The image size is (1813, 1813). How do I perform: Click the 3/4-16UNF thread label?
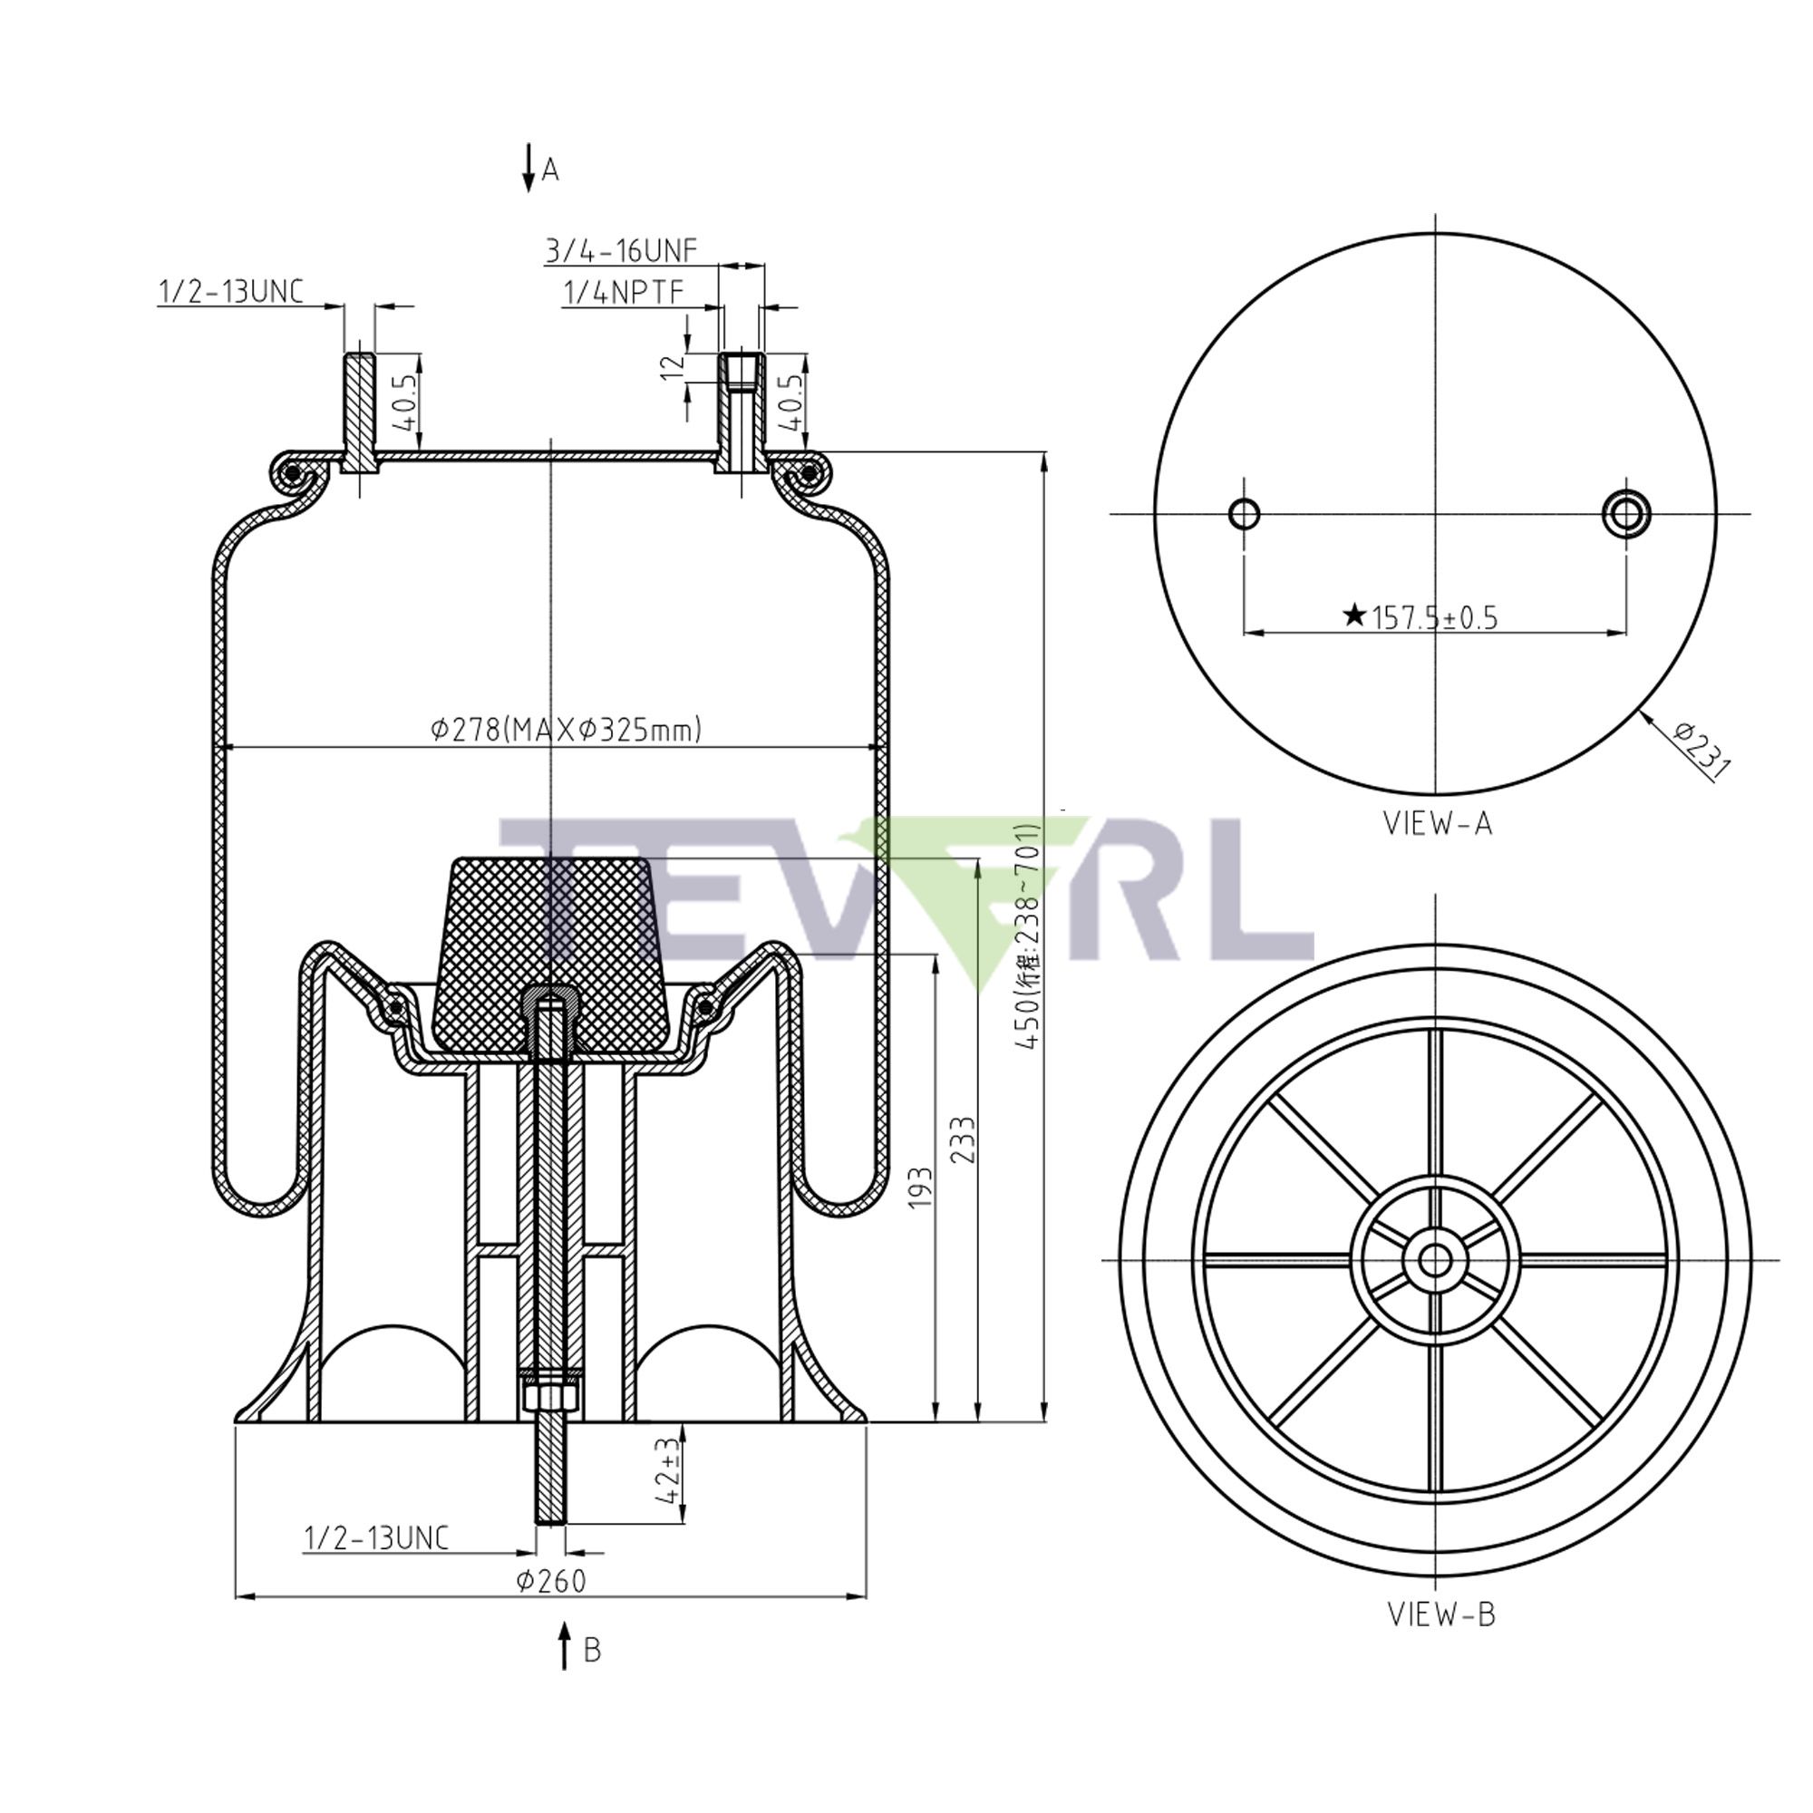click(621, 250)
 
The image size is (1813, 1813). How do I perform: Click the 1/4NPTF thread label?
click(622, 294)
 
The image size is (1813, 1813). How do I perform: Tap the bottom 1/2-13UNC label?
click(376, 1538)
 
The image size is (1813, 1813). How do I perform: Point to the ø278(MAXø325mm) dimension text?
click(566, 729)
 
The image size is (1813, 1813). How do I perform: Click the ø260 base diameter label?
click(551, 1581)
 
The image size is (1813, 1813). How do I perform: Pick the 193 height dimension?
click(922, 1188)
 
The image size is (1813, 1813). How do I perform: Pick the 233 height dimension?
click(964, 1140)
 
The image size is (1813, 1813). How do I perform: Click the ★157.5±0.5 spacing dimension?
click(1424, 618)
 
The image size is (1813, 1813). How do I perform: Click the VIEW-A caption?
click(1438, 823)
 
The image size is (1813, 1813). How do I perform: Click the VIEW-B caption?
click(1441, 1614)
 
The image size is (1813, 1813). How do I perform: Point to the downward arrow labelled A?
click(529, 169)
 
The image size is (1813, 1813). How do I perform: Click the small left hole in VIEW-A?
click(1245, 513)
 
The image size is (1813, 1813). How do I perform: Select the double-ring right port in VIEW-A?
click(1626, 512)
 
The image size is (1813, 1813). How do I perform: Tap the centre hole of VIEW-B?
click(1434, 1260)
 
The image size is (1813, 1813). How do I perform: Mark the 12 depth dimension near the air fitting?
click(669, 367)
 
